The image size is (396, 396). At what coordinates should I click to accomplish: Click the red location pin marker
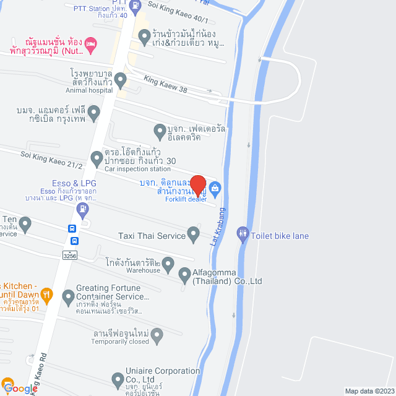[197, 186]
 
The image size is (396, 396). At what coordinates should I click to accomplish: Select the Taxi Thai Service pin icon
[193, 235]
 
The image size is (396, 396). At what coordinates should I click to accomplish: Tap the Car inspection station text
[137, 169]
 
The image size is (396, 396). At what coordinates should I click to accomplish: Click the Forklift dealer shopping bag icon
[215, 187]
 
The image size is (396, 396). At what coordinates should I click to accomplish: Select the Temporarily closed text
[120, 342]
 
